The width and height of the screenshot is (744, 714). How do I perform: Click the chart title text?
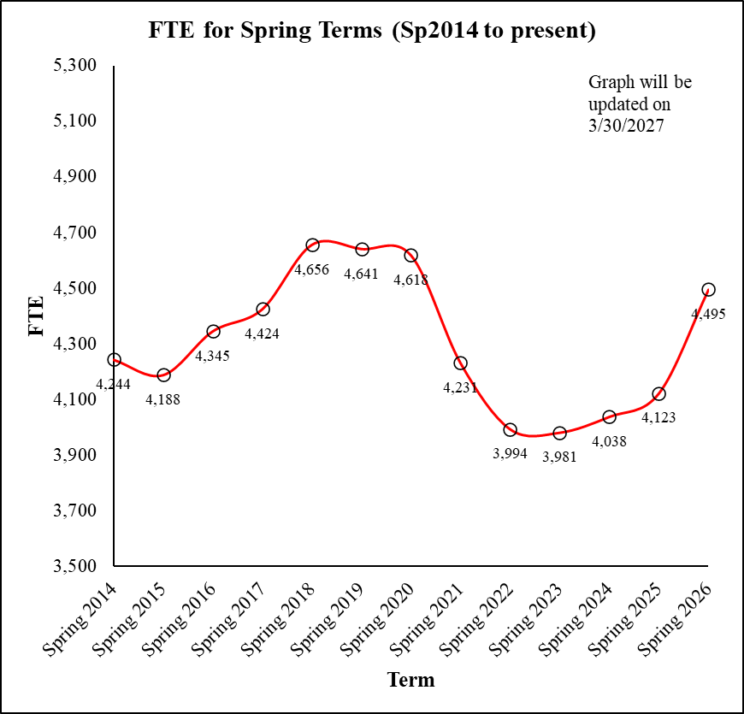click(372, 32)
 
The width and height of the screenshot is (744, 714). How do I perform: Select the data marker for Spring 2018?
click(312, 245)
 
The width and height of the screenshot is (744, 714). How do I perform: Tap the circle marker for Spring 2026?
click(708, 290)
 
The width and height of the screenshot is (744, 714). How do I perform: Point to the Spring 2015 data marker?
click(163, 375)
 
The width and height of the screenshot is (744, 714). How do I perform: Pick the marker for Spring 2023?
click(559, 434)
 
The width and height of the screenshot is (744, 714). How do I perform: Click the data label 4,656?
click(311, 269)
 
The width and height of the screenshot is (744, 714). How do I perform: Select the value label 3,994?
click(510, 453)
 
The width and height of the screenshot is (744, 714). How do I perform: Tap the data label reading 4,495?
click(708, 314)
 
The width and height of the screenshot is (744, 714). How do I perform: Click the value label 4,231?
click(460, 387)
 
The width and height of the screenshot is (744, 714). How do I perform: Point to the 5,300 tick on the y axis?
click(76, 66)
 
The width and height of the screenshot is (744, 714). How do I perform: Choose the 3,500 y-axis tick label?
click(76, 566)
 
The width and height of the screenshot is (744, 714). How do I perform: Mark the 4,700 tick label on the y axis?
click(76, 233)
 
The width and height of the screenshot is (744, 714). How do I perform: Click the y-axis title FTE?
click(37, 316)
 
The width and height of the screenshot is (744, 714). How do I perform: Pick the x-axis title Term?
click(410, 681)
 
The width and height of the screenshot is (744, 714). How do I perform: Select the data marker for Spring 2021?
click(460, 363)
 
